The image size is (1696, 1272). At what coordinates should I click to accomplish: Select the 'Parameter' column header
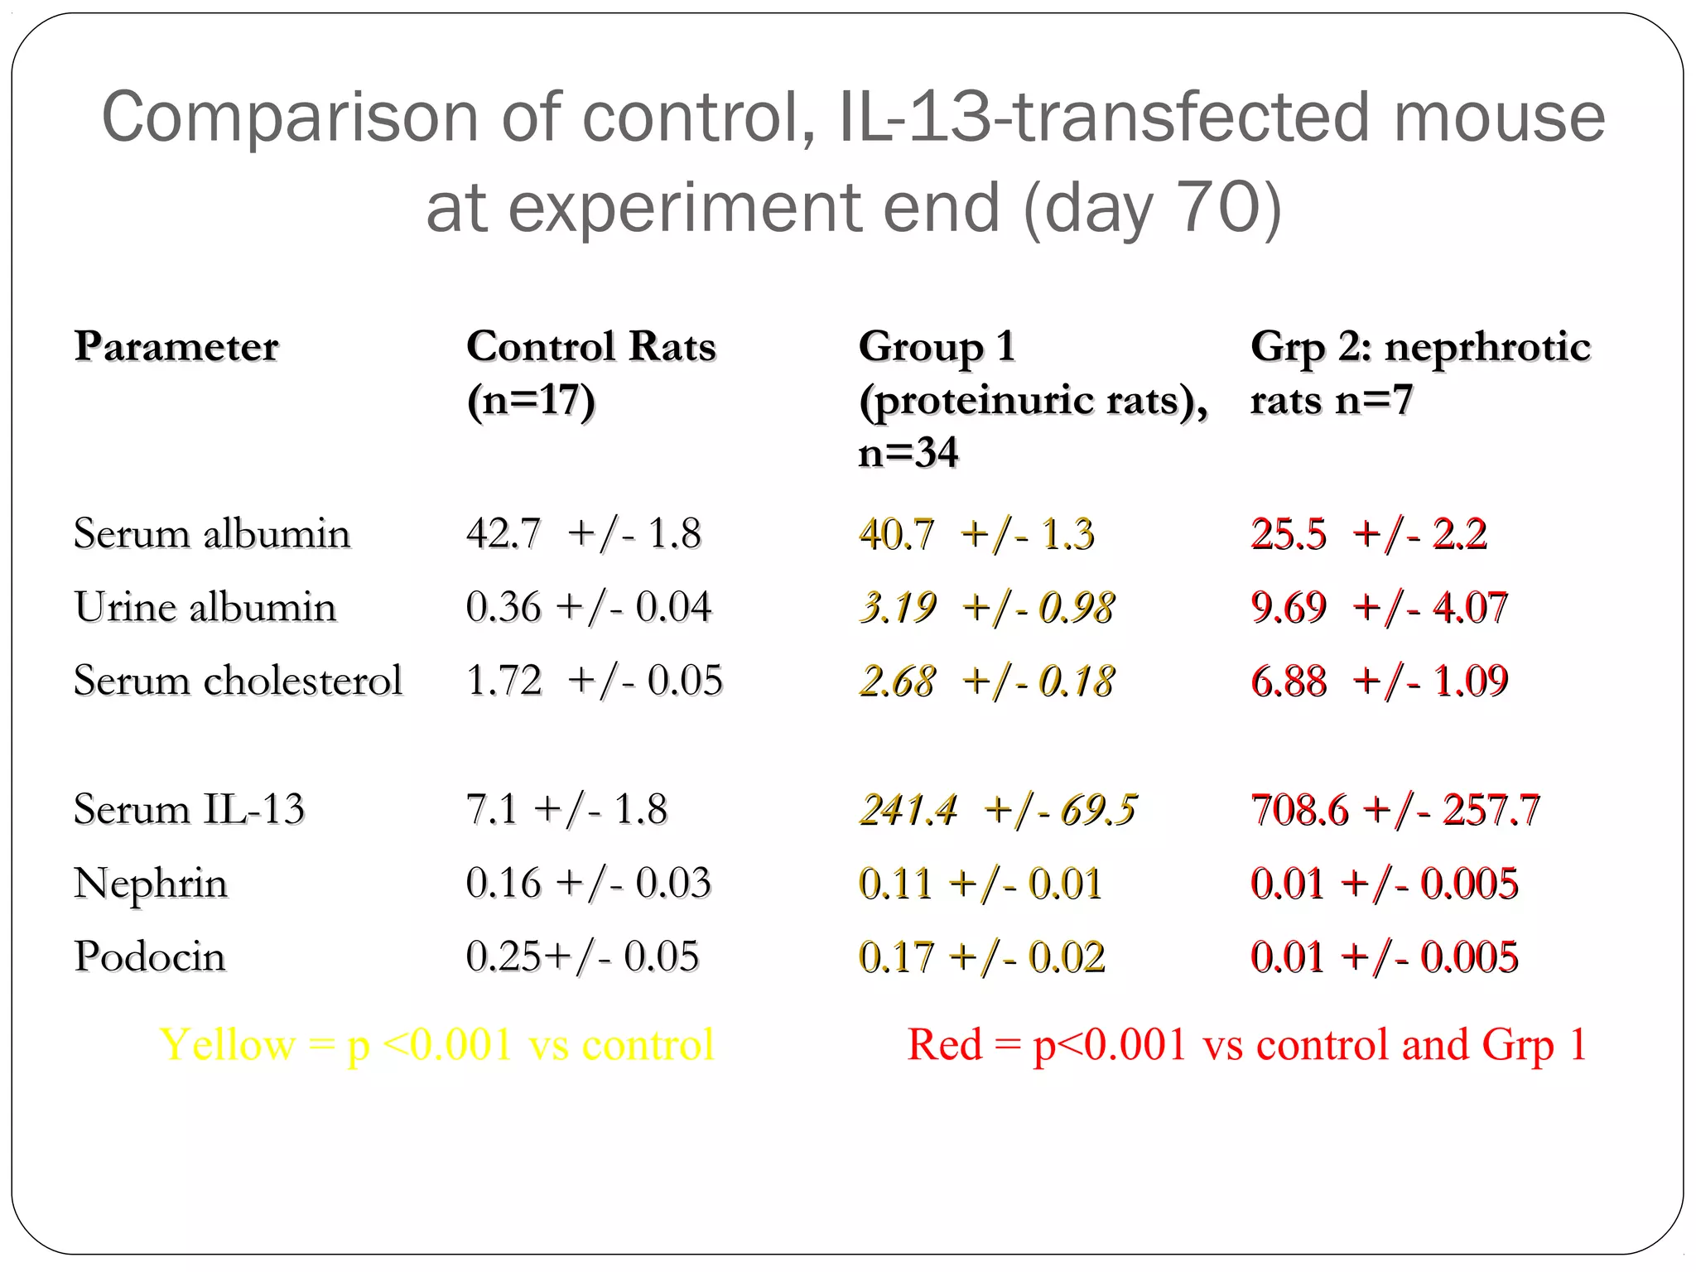coord(176,346)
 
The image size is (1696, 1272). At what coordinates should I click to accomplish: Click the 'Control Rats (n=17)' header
coord(590,373)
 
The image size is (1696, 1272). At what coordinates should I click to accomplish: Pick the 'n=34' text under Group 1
coord(908,453)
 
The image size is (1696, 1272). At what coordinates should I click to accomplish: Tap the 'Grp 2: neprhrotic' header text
coord(1420,346)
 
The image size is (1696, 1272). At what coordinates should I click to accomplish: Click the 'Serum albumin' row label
coord(212,533)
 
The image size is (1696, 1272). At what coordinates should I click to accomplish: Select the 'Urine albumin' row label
coord(205,607)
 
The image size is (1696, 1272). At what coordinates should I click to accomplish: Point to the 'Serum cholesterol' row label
coord(238,681)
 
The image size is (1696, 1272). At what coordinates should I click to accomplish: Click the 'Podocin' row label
coord(150,956)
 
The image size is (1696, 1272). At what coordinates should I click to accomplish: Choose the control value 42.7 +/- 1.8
coord(584,533)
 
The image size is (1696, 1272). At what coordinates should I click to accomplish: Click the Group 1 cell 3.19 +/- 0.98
coord(986,607)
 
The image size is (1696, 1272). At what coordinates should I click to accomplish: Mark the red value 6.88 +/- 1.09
coord(1380,681)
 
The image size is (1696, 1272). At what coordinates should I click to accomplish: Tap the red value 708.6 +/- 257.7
coord(1395,810)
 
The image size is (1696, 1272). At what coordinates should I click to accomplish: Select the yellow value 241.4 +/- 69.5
coord(998,810)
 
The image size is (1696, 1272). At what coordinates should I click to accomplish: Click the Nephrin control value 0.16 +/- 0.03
coord(588,883)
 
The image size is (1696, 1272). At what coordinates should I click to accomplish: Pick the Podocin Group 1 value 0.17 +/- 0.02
coord(981,956)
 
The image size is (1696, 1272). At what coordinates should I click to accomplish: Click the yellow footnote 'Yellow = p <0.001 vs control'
coord(436,1044)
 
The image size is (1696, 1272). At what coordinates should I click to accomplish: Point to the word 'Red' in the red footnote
coord(944,1044)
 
